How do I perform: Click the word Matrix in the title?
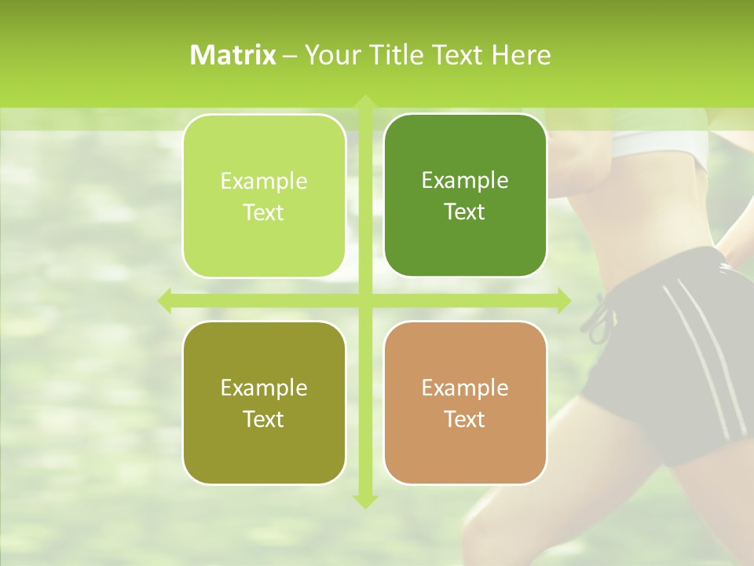point(233,55)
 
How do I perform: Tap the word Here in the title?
point(521,55)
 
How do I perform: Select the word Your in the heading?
point(331,55)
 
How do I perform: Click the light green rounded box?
point(264,196)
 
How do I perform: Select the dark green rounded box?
point(465,196)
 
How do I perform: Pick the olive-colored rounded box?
point(264,402)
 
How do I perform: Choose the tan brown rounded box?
point(465,402)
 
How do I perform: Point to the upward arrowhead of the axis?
point(364,102)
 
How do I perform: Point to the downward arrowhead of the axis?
point(364,501)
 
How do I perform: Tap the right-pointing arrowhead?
point(563,300)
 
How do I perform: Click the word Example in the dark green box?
point(465,181)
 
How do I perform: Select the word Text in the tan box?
point(465,419)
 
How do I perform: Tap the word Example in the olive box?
point(264,388)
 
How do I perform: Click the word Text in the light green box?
point(264,212)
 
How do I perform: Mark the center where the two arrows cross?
point(364,300)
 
